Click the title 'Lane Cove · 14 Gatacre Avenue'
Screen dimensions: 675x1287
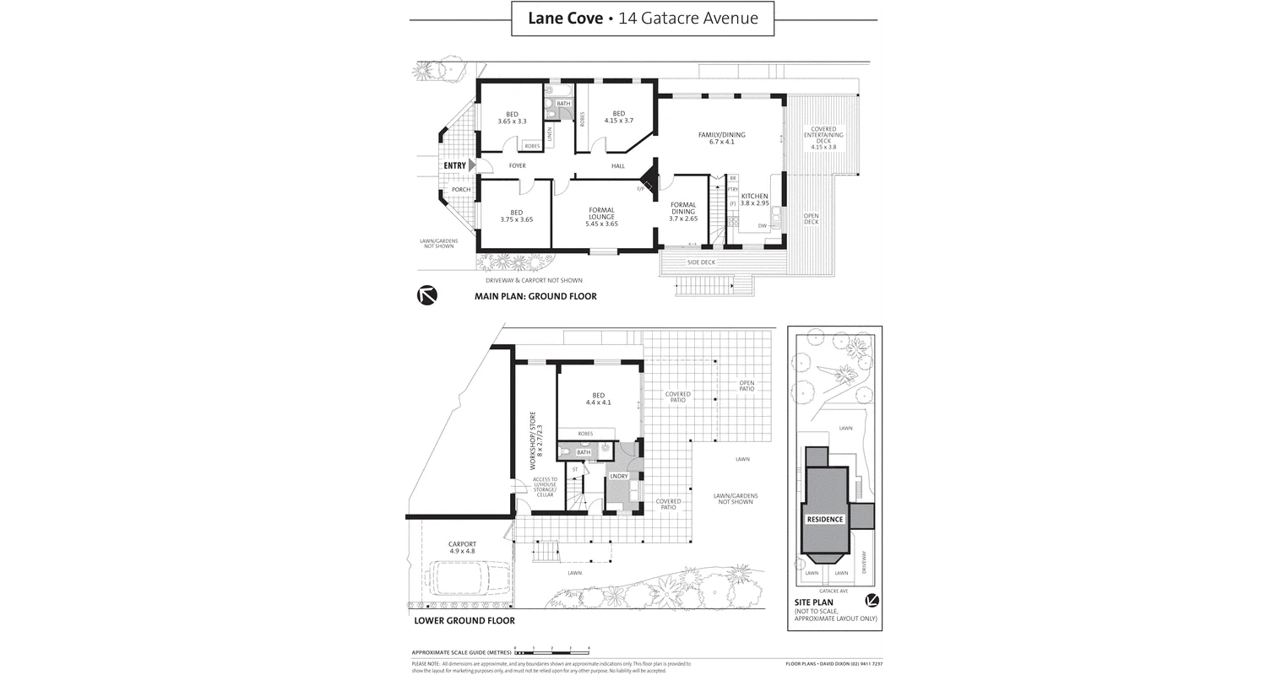[x=643, y=18]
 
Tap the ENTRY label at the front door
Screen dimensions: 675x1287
[x=454, y=165]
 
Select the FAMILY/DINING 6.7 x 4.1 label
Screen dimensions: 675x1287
[x=721, y=138]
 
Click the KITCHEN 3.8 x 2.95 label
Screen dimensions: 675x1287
[x=754, y=200]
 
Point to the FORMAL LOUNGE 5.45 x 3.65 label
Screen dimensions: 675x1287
[x=601, y=217]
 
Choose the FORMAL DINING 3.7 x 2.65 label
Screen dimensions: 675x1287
[x=682, y=212]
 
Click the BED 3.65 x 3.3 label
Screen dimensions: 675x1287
[x=512, y=118]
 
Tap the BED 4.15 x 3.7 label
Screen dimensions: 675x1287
[x=618, y=117]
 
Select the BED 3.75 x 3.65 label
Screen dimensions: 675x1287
[x=516, y=216]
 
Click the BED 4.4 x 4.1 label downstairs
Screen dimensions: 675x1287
[x=598, y=399]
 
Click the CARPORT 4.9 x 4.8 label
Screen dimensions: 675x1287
[x=462, y=548]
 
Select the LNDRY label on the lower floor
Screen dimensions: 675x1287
[x=618, y=476]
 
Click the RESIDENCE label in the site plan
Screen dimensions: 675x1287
[x=824, y=519]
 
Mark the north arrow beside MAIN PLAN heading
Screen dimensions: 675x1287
[x=427, y=295]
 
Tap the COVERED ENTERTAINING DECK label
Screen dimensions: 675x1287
[x=823, y=138]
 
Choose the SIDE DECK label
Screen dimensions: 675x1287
[x=701, y=262]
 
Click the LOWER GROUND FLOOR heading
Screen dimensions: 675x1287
[x=464, y=620]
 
